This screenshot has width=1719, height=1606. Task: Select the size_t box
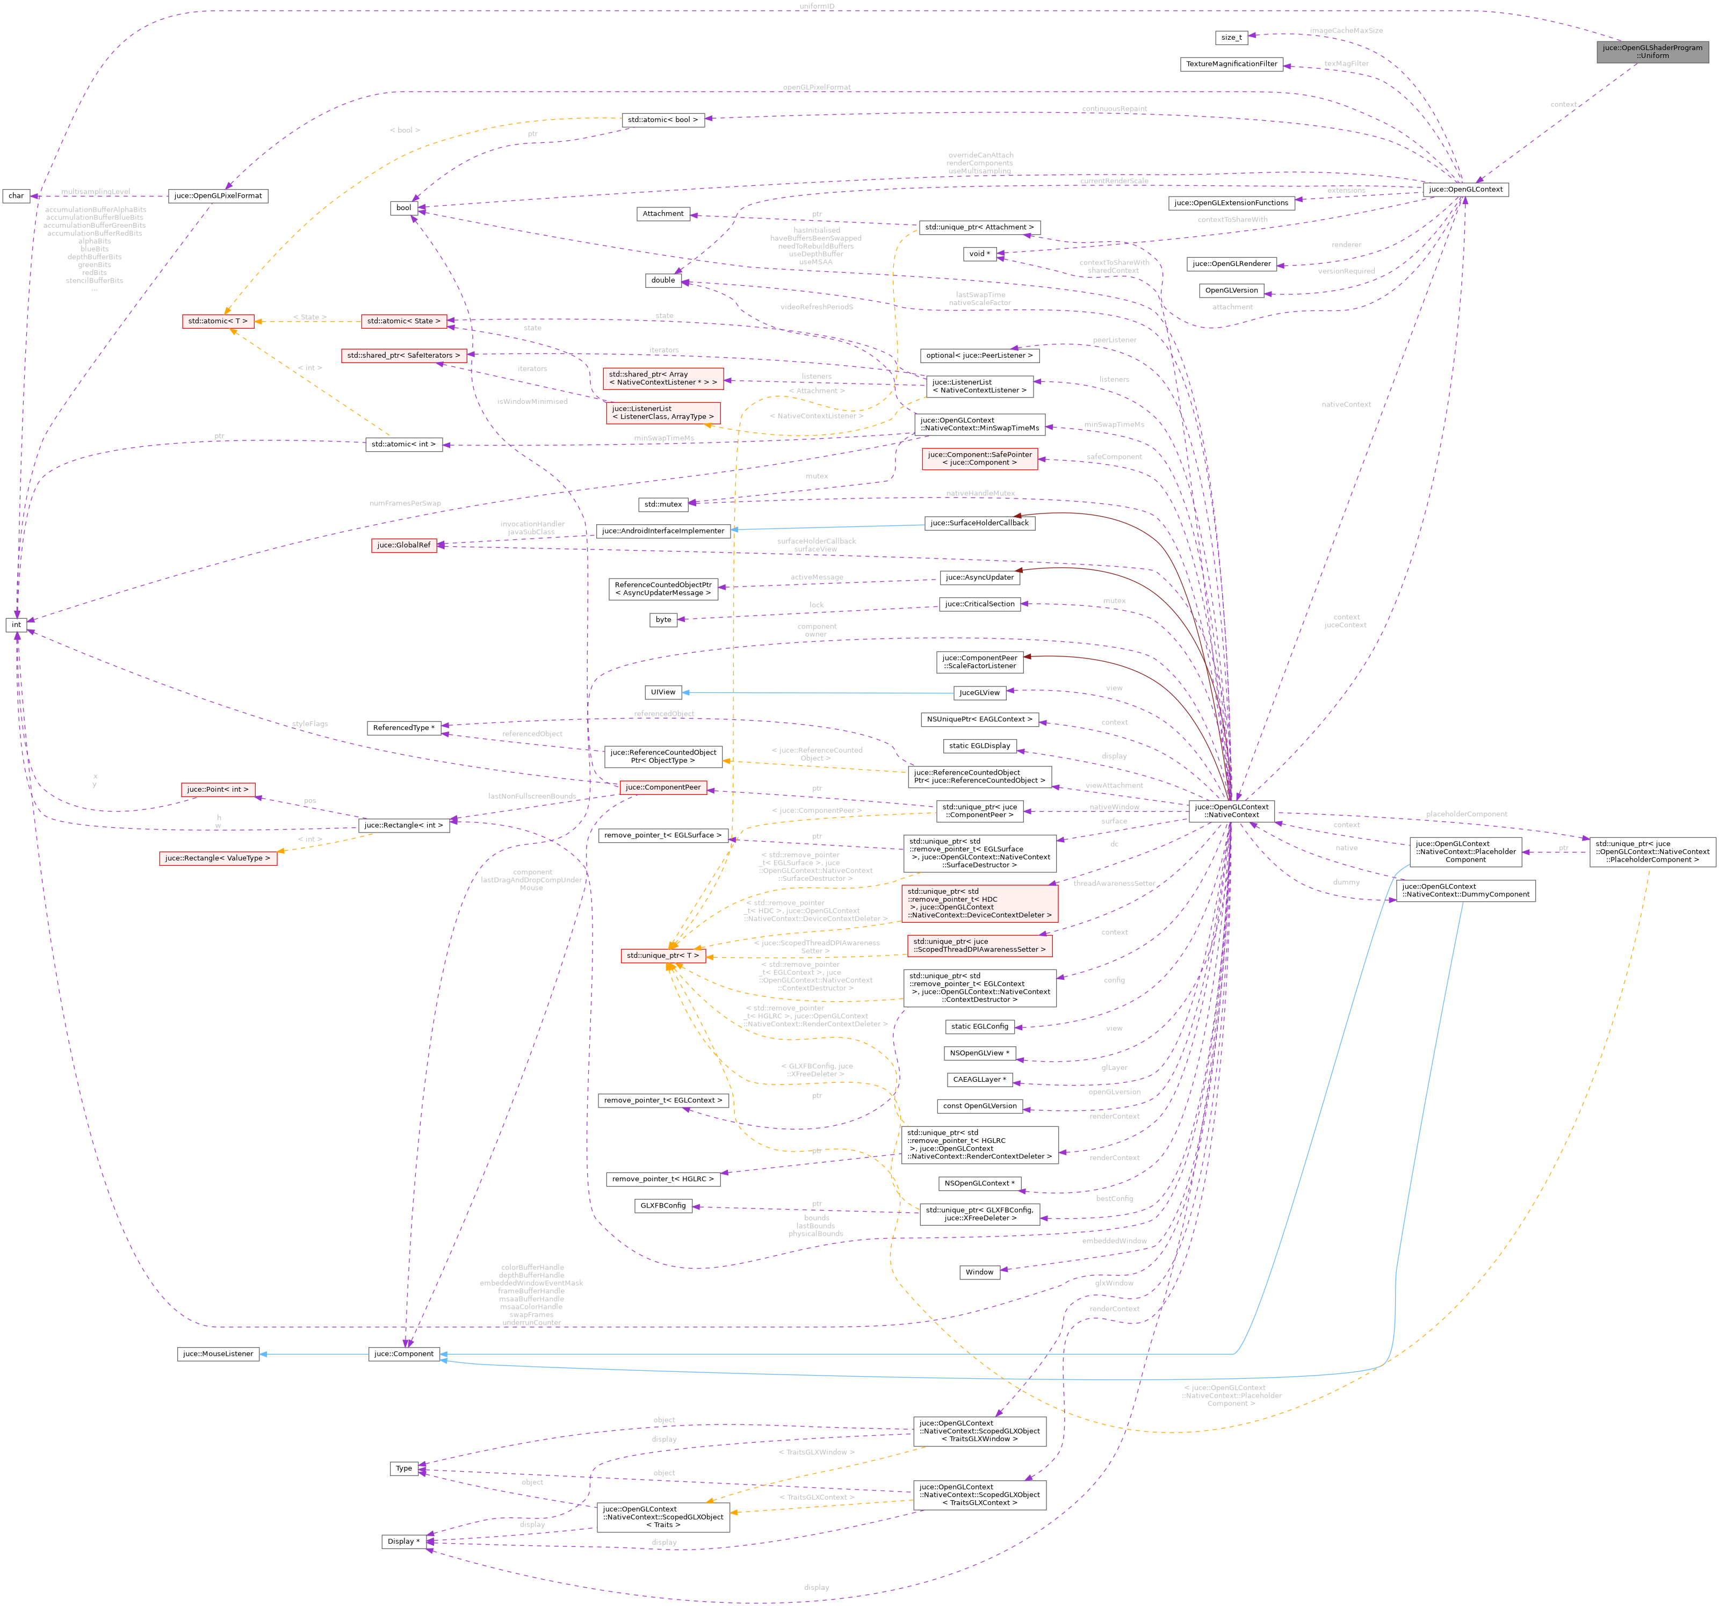click(x=1231, y=37)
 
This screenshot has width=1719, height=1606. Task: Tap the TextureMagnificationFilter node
click(x=1231, y=64)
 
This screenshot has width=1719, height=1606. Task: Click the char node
click(x=17, y=196)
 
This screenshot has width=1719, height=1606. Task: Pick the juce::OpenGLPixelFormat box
click(x=218, y=196)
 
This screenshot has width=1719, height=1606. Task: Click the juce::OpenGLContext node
click(x=1465, y=189)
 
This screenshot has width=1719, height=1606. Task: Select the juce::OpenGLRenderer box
click(x=1231, y=264)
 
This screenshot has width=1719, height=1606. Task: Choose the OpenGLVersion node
click(x=1231, y=291)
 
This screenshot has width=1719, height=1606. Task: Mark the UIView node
click(x=663, y=692)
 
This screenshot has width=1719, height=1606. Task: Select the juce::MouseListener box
click(x=218, y=1354)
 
